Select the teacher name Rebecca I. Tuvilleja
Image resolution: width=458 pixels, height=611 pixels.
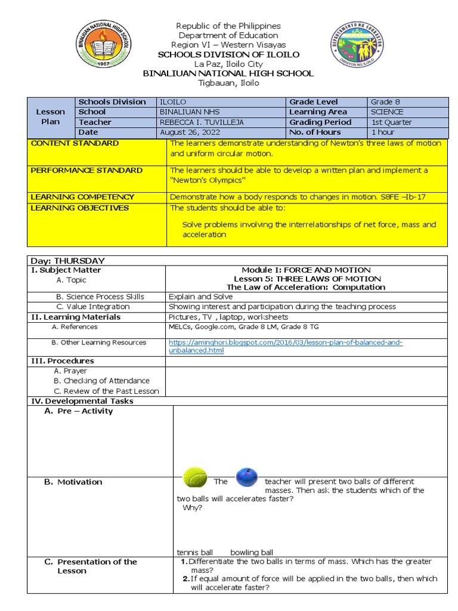point(202,122)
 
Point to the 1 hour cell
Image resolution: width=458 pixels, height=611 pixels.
point(383,132)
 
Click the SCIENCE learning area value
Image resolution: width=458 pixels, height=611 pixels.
point(387,112)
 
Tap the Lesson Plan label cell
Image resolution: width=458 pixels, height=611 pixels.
point(51,116)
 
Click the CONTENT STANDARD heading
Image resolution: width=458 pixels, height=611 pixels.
point(75,144)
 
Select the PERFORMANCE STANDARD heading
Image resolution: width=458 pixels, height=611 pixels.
point(86,171)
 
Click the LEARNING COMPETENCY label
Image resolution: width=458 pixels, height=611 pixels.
point(82,197)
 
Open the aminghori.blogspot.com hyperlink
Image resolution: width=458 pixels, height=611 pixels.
point(286,346)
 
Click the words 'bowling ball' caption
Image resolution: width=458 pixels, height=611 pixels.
point(252,553)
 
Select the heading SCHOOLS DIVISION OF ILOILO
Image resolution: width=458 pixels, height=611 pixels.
point(228,55)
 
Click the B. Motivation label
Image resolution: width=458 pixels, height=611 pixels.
point(73,482)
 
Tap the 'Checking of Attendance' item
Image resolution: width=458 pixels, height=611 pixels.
point(101,381)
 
